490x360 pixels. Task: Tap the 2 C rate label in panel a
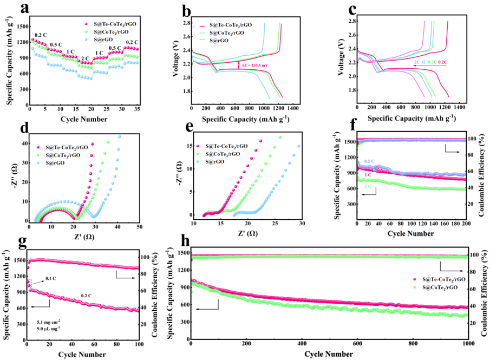(x=86, y=58)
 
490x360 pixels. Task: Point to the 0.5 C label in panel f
(x=370, y=161)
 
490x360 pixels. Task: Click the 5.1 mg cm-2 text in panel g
(x=50, y=322)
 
